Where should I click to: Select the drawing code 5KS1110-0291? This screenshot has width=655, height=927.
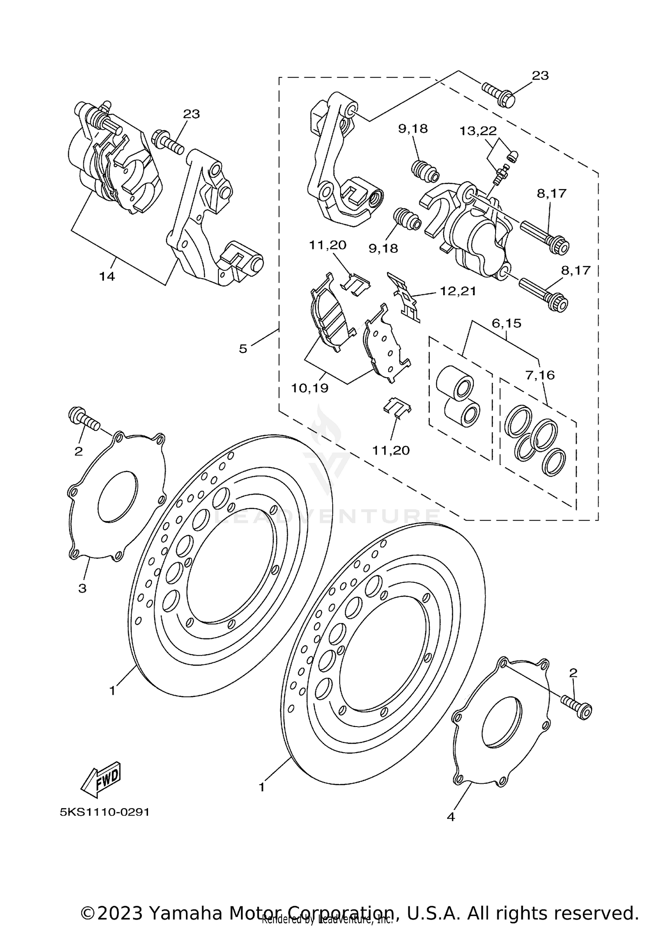pyautogui.click(x=105, y=812)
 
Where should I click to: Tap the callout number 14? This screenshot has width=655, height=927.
pyautogui.click(x=107, y=276)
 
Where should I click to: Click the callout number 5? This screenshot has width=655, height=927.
pyautogui.click(x=243, y=348)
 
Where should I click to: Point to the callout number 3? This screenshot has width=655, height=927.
pyautogui.click(x=82, y=588)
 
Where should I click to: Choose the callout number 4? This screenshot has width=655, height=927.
pyautogui.click(x=451, y=817)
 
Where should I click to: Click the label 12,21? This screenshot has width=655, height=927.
pyautogui.click(x=458, y=291)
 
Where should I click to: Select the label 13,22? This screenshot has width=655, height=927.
pyautogui.click(x=478, y=131)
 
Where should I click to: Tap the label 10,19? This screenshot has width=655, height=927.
pyautogui.click(x=310, y=388)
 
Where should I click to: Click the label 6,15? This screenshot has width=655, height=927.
pyautogui.click(x=507, y=324)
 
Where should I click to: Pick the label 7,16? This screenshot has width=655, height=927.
pyautogui.click(x=540, y=375)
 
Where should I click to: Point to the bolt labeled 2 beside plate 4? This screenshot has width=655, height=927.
pyautogui.click(x=576, y=707)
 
